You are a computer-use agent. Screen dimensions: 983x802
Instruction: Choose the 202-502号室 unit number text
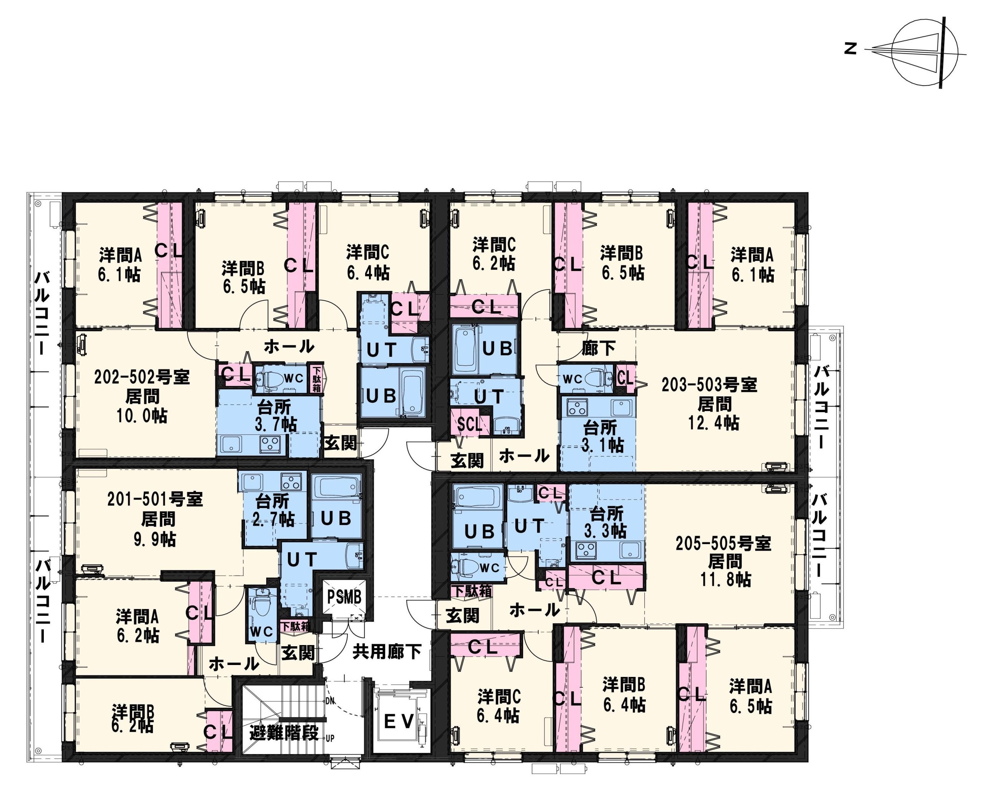(x=142, y=378)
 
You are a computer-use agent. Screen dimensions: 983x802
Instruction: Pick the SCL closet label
(x=470, y=424)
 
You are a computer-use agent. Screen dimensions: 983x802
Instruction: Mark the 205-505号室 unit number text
(x=724, y=543)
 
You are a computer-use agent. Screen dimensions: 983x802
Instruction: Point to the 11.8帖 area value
(x=726, y=579)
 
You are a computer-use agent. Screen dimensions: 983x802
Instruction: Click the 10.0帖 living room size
(x=142, y=416)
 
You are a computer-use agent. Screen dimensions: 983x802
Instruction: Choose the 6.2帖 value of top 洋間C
(x=493, y=263)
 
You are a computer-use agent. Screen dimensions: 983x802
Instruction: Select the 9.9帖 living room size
(x=155, y=539)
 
